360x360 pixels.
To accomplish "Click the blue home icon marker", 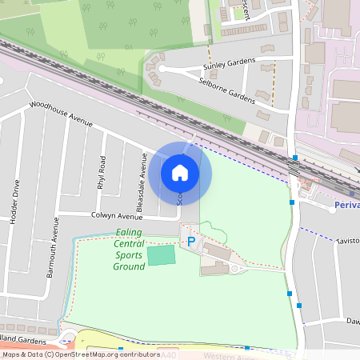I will pos(180,172).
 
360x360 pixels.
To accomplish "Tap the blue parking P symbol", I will pos(190,241).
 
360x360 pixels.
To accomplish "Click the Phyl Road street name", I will pos(102,171).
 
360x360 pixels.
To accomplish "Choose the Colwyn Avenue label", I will pos(117,216).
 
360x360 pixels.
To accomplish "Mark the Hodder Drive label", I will pos(15,201).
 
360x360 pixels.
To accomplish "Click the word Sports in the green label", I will pos(129,255).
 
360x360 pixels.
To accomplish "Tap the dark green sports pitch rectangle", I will pos(162,255).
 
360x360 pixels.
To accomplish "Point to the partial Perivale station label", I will pos(346,205).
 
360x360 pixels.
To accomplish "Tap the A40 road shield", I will pos(168,354).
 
